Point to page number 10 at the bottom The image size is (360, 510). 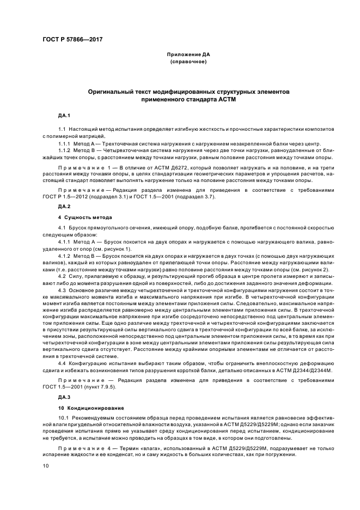coord(47,465)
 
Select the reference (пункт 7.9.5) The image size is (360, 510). coord(107,386)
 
